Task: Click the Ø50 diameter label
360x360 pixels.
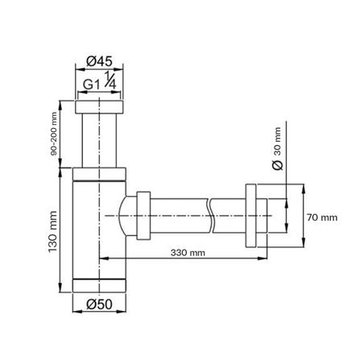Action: tap(99, 305)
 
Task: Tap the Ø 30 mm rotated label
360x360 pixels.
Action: tap(276, 148)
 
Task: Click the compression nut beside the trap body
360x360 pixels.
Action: tap(144, 215)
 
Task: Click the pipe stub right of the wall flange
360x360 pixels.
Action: tap(279, 213)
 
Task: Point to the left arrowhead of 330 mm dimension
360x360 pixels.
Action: tap(103, 258)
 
